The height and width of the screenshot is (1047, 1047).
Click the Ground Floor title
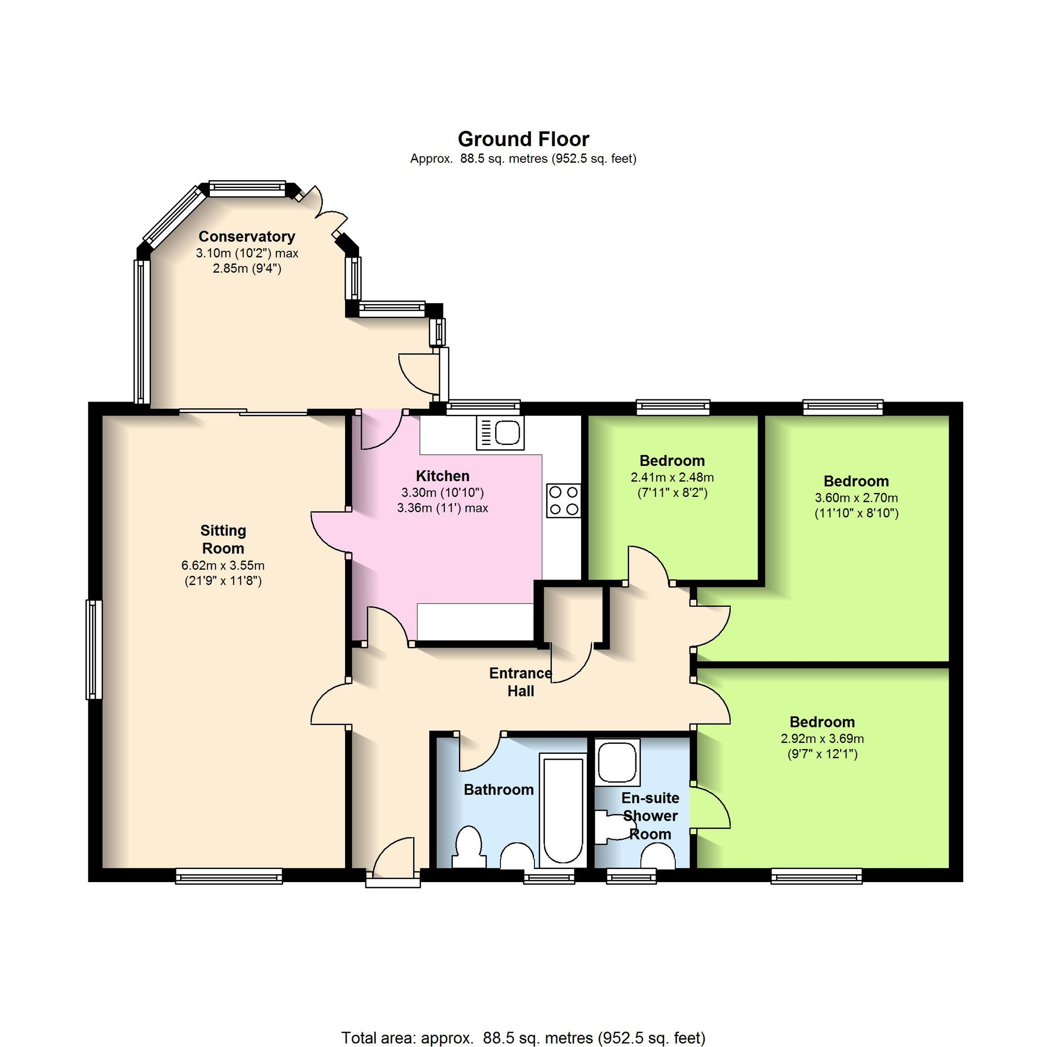[x=523, y=139]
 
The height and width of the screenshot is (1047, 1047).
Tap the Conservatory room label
[x=247, y=236]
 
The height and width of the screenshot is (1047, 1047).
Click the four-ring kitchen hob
[x=564, y=500]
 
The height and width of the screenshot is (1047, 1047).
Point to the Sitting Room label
[x=224, y=539]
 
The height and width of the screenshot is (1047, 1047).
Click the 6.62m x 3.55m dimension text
[x=224, y=566]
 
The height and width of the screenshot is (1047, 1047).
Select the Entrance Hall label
[x=521, y=682]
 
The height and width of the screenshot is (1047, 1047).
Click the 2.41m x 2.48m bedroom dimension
[x=672, y=477]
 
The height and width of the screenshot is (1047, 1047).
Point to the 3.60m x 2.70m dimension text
[x=856, y=497]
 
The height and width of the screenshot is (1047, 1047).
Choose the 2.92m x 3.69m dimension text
[x=822, y=739]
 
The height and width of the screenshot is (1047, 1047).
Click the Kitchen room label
[x=443, y=476]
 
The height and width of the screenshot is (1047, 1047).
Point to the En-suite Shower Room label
[x=650, y=816]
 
